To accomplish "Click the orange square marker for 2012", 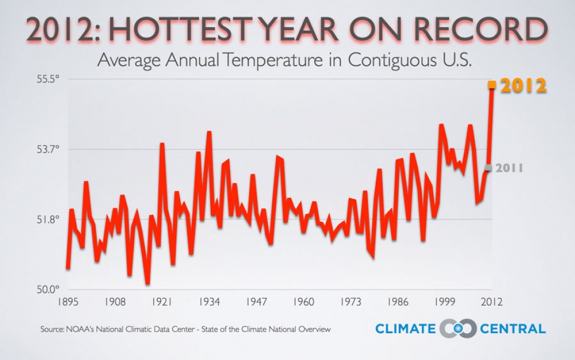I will point(492,84).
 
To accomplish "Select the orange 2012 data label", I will point(524,85).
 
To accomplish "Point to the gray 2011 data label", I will point(509,168).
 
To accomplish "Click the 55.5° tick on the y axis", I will point(48,79).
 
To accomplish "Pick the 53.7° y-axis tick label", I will point(48,149).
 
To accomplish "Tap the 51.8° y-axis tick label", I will point(48,219).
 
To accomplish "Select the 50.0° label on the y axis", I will point(48,289).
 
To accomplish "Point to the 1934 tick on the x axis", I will point(209,302).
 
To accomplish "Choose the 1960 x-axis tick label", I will point(303,302).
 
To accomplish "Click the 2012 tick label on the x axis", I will point(491,302).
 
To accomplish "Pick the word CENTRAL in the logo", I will point(513,329).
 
